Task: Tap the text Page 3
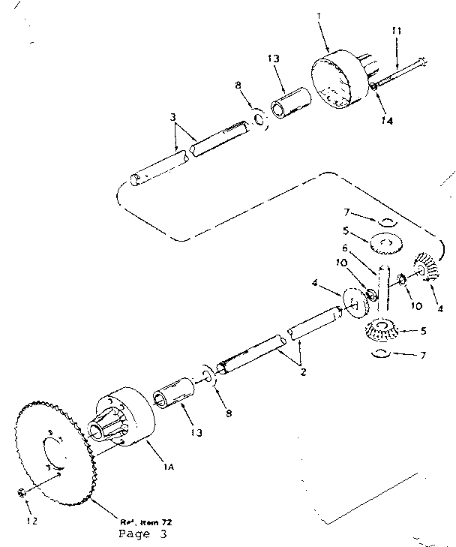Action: click(143, 534)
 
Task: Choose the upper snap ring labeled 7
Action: click(385, 221)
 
